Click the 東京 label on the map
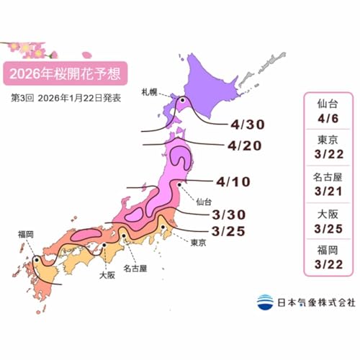(x=199, y=243)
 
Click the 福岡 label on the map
(x=27, y=234)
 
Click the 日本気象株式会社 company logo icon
(x=265, y=302)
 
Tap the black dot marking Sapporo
(x=182, y=102)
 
